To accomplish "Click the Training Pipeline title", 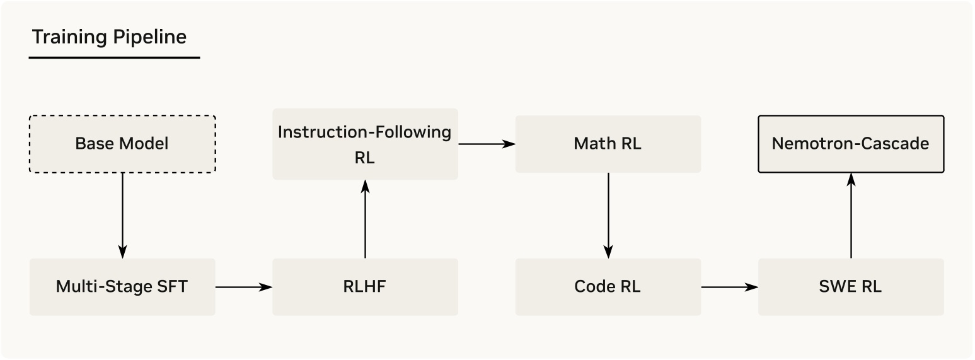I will point(109,37).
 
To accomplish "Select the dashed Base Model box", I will point(122,144).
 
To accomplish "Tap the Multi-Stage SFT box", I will point(122,287).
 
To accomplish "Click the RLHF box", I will point(365,287).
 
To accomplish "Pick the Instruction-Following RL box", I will point(365,144).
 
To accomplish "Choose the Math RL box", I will point(608,144).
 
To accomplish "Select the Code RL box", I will point(608,287).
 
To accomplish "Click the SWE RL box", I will point(851,287).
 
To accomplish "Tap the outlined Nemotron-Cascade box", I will point(851,144).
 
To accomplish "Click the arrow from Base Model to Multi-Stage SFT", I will point(122,214).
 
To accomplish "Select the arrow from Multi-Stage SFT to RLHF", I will point(244,287).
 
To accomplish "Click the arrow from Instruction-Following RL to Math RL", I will point(487,144).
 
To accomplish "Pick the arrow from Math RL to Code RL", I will point(608,214).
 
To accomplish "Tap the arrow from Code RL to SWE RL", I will point(729,287).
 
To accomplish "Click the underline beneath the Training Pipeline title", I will point(114,58).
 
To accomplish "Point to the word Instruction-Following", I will point(365,132).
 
